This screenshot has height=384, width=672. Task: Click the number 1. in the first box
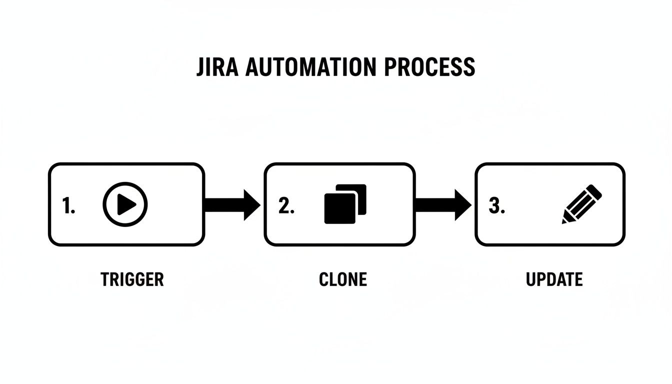point(68,205)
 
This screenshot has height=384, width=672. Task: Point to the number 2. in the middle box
point(286,205)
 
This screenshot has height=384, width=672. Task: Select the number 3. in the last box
point(496,205)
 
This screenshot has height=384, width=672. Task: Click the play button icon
point(125,204)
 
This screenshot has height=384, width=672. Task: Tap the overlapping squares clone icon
point(345,204)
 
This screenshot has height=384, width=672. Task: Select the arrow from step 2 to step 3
point(443,204)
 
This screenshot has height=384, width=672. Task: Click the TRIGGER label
point(132,279)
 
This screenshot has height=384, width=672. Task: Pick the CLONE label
point(343,279)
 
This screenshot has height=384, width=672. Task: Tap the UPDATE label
point(554,279)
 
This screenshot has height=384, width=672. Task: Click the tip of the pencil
point(565,220)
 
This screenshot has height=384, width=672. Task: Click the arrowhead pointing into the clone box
point(251,204)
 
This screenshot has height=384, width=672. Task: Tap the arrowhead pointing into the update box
point(462,204)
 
